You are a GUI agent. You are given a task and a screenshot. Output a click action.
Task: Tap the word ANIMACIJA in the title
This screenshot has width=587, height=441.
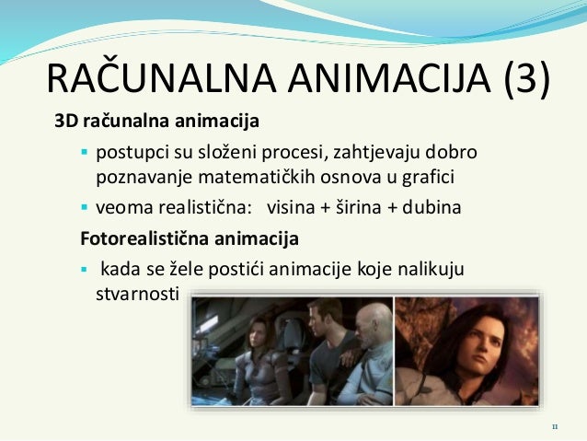(x=387, y=80)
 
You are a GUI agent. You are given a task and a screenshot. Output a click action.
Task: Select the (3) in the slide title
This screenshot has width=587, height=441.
(x=528, y=80)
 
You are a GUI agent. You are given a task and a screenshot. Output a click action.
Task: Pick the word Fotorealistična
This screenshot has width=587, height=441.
(x=136, y=239)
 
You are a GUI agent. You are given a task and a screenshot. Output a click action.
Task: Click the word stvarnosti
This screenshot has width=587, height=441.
(x=139, y=295)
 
